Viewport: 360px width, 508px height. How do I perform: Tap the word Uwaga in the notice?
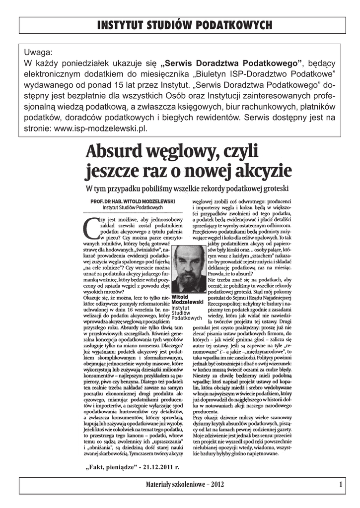pos(37,52)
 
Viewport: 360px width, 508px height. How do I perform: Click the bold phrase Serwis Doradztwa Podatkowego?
pos(232,63)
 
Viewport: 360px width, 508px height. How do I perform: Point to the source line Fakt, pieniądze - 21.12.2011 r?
pos(132,466)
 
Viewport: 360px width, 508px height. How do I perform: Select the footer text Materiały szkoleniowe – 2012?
pos(183,484)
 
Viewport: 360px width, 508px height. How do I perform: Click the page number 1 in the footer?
pos(341,484)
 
